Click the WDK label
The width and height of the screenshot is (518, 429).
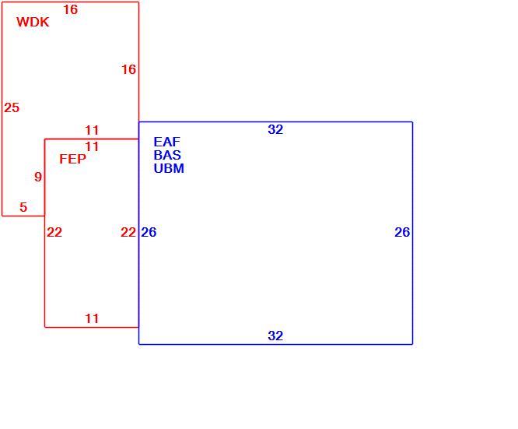pyautogui.click(x=33, y=22)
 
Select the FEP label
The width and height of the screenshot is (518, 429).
pyautogui.click(x=72, y=159)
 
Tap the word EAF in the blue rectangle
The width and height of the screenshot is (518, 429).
pyautogui.click(x=166, y=142)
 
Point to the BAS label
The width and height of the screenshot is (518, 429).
pyautogui.click(x=167, y=155)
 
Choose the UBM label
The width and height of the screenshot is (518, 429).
pyautogui.click(x=169, y=168)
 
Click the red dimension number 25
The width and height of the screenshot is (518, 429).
pyautogui.click(x=12, y=107)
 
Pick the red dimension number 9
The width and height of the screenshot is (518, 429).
pyautogui.click(x=38, y=177)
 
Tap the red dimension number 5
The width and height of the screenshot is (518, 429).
pyautogui.click(x=23, y=207)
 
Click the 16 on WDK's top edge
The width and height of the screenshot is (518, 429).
pyautogui.click(x=71, y=10)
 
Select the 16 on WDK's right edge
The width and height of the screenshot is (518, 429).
pyautogui.click(x=128, y=70)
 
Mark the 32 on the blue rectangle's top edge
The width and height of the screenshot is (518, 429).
pyautogui.click(x=275, y=130)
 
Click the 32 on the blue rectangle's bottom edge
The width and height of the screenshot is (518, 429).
pyautogui.click(x=275, y=336)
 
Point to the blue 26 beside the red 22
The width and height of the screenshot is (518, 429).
pyautogui.click(x=149, y=233)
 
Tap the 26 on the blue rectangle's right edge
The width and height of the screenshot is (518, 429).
pyautogui.click(x=402, y=233)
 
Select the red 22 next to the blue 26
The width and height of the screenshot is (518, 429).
pyautogui.click(x=128, y=233)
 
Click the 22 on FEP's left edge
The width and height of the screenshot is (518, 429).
pyautogui.click(x=54, y=233)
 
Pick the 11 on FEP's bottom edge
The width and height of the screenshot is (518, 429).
pyautogui.click(x=92, y=319)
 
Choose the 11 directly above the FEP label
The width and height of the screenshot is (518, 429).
pyautogui.click(x=92, y=146)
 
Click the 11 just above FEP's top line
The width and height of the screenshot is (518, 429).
pyautogui.click(x=92, y=130)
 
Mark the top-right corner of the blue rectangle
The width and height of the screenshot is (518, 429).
pyautogui.click(x=413, y=122)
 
